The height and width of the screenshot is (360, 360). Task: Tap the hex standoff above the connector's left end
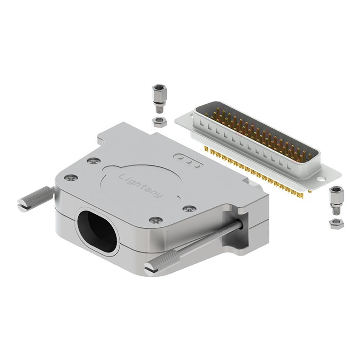coord(158,99)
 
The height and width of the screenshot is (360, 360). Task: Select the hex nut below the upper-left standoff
coord(160,121)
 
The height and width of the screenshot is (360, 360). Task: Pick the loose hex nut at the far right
coord(336,224)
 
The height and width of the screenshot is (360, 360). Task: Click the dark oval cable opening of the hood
coord(98,231)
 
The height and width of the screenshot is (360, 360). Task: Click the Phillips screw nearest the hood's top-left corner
coord(94,162)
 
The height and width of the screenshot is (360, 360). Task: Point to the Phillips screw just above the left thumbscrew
coord(71,178)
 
